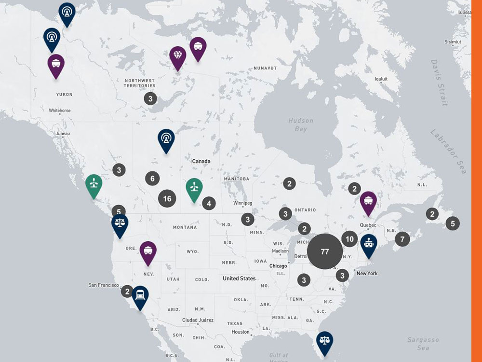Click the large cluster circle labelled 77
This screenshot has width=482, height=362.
pos(325,251)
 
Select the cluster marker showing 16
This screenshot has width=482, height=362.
pos(167,198)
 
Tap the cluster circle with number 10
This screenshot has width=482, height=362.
pos(350,239)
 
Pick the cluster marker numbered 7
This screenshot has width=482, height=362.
pos(402,238)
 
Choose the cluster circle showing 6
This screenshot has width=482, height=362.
pos(152,179)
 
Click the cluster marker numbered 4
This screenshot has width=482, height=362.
pos(209,204)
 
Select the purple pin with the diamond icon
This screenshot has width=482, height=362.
pos(178,57)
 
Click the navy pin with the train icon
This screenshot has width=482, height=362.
pos(140,295)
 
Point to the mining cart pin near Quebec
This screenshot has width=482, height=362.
pos(368,202)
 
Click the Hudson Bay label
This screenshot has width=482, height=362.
pos(301,125)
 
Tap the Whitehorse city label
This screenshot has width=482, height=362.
pos(60,111)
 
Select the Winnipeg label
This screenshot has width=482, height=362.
pos(242,203)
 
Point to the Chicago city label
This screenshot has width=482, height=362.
pos(278,266)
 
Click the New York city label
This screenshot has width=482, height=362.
pos(367,274)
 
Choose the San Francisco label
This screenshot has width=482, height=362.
pos(103,285)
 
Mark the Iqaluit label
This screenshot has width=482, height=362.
pos(381,79)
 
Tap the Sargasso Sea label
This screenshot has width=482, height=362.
pos(423,344)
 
